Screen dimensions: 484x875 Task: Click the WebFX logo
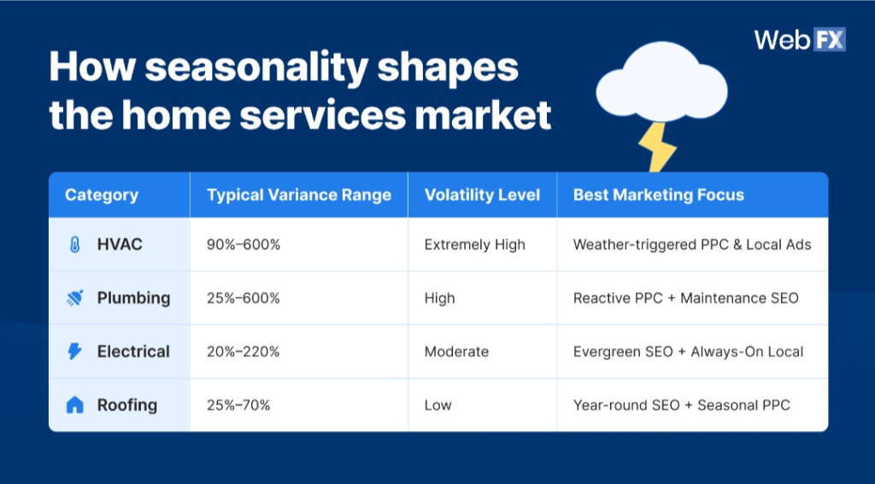pyautogui.click(x=799, y=40)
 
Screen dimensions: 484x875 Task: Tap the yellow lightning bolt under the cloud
pyautogui.click(x=656, y=146)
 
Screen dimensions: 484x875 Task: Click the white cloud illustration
pyautogui.click(x=661, y=85)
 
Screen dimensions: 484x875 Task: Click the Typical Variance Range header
pyautogui.click(x=298, y=195)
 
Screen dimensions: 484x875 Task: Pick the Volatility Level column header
pyautogui.click(x=482, y=195)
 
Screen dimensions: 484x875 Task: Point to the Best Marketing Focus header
pyautogui.click(x=658, y=195)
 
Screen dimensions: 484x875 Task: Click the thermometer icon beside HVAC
pyautogui.click(x=75, y=245)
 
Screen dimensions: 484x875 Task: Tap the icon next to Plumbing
pyautogui.click(x=75, y=298)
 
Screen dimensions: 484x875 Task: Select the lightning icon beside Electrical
pyautogui.click(x=75, y=352)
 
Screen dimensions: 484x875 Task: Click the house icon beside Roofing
pyautogui.click(x=75, y=405)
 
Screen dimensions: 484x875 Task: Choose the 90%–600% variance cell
pyautogui.click(x=244, y=245)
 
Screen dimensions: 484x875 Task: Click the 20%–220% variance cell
pyautogui.click(x=244, y=352)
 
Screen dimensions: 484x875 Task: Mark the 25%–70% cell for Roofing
pyautogui.click(x=238, y=405)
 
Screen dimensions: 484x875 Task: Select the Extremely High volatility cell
pyautogui.click(x=474, y=245)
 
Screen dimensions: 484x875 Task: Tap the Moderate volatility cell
pyautogui.click(x=456, y=352)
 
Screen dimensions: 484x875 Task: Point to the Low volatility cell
pyautogui.click(x=437, y=405)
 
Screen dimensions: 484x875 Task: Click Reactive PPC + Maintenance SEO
pyautogui.click(x=685, y=298)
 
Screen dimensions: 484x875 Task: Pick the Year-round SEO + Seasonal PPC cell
pyautogui.click(x=681, y=405)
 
